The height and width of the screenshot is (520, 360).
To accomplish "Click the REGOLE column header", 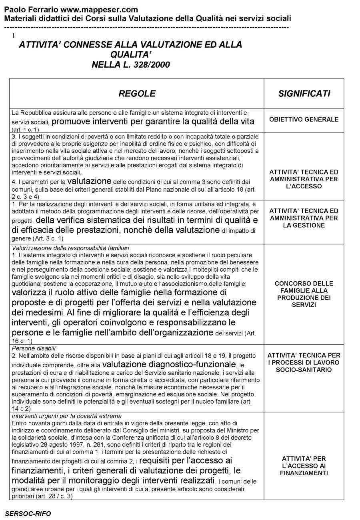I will coord(137,94).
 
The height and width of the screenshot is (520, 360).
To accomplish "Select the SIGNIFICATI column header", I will coord(304,94).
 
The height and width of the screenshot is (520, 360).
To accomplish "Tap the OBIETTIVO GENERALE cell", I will coord(304,119).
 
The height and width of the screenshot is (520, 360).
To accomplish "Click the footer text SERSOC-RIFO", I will coord(28,514).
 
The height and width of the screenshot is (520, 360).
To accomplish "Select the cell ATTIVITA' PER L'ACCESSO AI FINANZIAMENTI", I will coord(304,466).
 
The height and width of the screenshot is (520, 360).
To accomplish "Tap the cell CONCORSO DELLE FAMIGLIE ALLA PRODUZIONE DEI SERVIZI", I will coord(304,294).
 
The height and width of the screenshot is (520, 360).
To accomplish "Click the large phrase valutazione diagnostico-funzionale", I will coord(169,364).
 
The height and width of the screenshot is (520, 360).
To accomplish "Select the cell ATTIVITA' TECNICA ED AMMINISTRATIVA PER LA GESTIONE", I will coord(304,218).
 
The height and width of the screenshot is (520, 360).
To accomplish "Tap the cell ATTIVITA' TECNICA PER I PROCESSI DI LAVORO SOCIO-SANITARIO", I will coord(304,362).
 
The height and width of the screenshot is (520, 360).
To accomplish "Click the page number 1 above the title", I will coord(14,36).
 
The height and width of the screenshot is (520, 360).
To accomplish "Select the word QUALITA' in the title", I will coord(131,54).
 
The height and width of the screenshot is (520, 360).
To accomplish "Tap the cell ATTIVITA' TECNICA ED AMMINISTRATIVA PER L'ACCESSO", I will coord(304,179).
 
